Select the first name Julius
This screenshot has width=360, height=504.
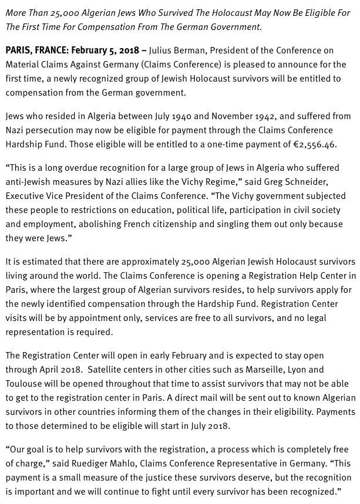(x=162, y=50)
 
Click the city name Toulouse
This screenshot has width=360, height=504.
(x=25, y=384)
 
